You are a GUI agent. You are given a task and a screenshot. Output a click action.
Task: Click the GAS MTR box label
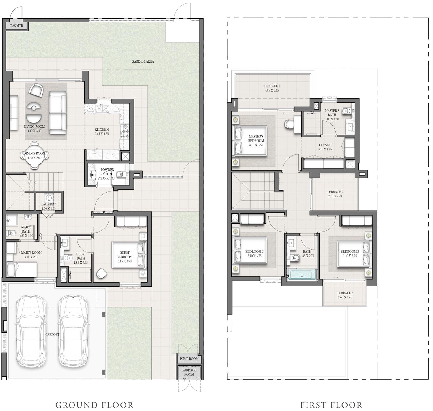16,26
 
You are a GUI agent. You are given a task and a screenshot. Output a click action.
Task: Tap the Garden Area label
143,61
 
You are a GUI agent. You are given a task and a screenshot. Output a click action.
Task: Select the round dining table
34,156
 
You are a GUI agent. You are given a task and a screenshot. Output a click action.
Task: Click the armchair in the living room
36,90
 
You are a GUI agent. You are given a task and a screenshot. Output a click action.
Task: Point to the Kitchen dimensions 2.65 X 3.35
102,134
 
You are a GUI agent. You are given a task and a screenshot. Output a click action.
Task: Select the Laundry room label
48,204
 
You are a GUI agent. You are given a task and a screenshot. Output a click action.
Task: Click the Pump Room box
189,359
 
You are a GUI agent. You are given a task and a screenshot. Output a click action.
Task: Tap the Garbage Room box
189,372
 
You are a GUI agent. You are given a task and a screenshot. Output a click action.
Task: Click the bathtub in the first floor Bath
302,274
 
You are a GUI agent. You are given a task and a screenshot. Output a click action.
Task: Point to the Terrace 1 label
272,86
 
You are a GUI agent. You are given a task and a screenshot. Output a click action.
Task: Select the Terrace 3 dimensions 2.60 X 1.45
345,297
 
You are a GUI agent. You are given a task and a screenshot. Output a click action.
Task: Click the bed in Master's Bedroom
250,140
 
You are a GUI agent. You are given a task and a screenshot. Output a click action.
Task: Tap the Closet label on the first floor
325,145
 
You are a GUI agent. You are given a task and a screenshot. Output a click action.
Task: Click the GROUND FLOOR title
94,405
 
